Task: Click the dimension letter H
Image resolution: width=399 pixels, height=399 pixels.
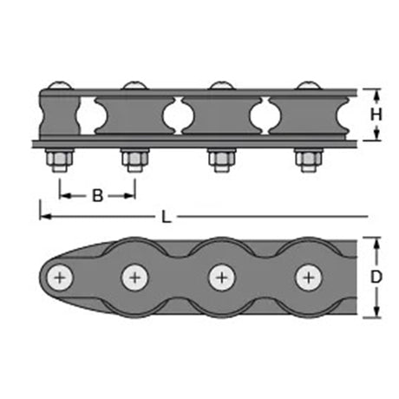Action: pos(376,114)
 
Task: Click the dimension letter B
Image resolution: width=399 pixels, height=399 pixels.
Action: pos(97,195)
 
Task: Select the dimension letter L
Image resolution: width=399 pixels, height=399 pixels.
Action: pos(167,217)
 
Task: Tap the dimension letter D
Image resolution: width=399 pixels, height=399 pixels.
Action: pos(376,277)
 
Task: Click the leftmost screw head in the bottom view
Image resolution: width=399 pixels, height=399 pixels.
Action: pos(60,278)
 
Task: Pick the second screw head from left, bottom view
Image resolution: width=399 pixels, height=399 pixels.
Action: pos(135,278)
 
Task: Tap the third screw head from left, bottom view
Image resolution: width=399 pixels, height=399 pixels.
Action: pos(222,278)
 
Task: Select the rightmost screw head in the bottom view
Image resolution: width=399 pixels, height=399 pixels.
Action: pos(309,278)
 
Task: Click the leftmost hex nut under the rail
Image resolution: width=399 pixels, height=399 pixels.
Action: pos(60,160)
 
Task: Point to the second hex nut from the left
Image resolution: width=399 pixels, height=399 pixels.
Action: pos(135,160)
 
